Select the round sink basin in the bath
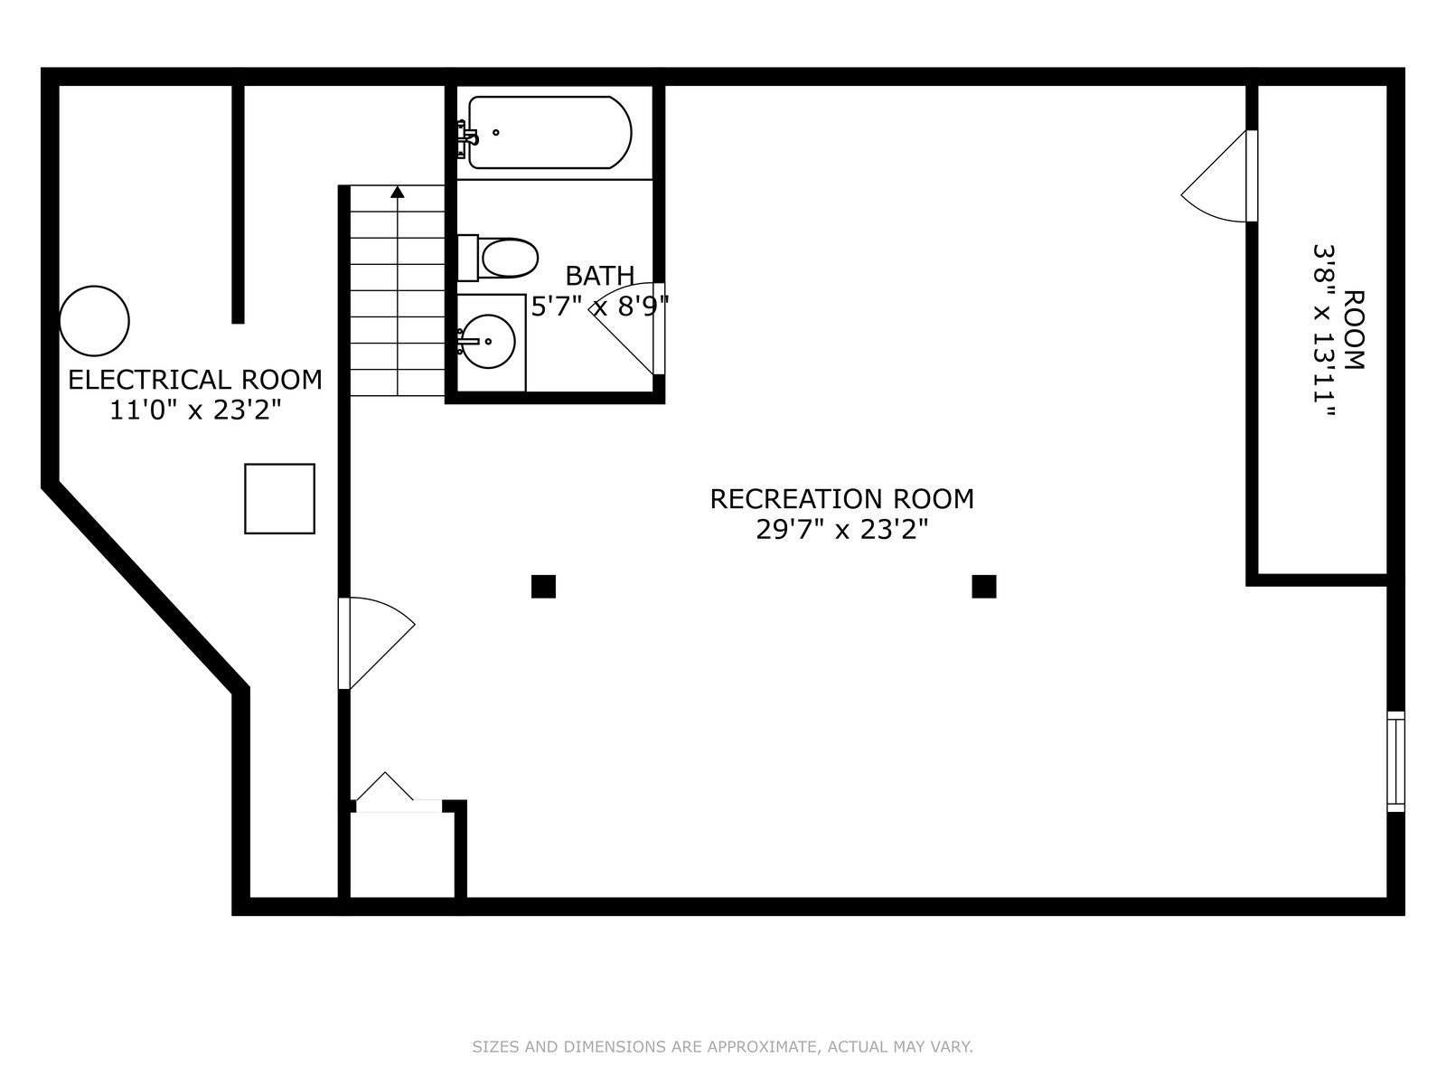[x=487, y=341]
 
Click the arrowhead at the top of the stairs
[x=398, y=192]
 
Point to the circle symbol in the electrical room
[x=94, y=321]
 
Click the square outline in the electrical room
[x=279, y=499]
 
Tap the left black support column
[x=543, y=586]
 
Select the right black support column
[x=983, y=586]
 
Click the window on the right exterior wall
[x=1395, y=761]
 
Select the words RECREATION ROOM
[x=841, y=499]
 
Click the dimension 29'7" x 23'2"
[x=841, y=530]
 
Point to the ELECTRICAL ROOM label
[x=195, y=380]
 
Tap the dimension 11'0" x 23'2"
[x=195, y=410]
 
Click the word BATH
[x=599, y=276]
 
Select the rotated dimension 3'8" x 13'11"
[x=1323, y=331]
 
